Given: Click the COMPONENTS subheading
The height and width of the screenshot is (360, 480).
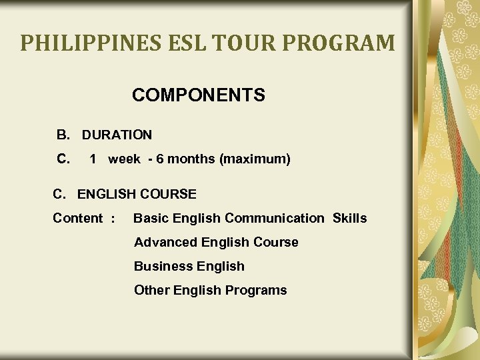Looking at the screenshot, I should point(198,95).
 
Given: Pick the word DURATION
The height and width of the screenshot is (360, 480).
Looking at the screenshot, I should point(117,135).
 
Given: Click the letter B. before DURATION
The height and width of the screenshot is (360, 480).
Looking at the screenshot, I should point(63,135).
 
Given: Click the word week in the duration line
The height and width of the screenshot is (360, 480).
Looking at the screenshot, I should point(124,159).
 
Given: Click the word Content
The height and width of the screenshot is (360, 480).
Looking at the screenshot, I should point(78,219).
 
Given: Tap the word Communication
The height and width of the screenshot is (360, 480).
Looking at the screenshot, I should point(274,219).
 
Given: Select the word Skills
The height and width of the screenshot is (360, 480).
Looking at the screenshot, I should point(349,219).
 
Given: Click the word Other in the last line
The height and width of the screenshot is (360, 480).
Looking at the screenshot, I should point(151,291).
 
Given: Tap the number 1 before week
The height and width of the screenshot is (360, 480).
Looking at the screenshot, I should point(93,159).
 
